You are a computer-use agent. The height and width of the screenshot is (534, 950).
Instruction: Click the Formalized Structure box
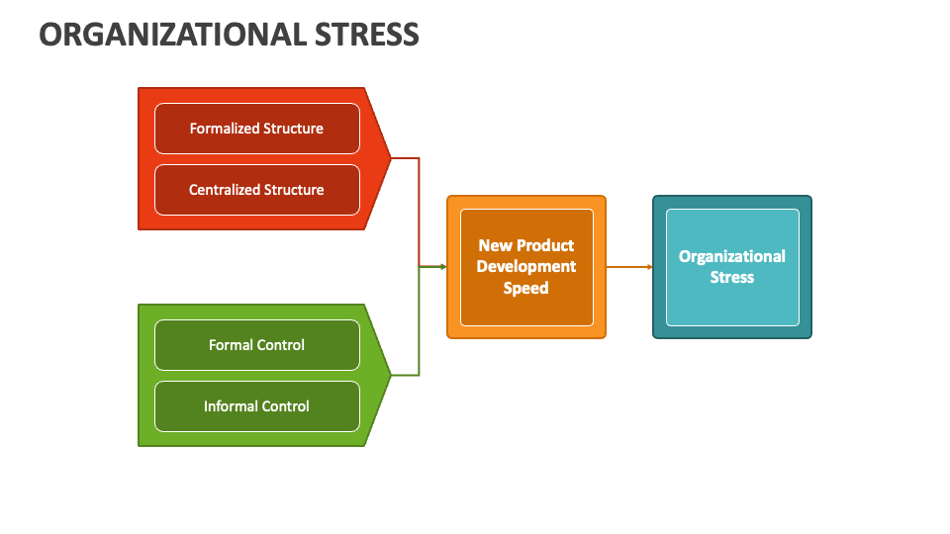coord(256,129)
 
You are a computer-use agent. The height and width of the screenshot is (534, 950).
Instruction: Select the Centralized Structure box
coord(256,190)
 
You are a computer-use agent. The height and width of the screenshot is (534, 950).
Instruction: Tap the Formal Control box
coord(256,345)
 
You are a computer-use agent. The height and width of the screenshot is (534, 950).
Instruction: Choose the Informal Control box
coord(256,406)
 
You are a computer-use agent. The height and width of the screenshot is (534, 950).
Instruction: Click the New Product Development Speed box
coord(525,267)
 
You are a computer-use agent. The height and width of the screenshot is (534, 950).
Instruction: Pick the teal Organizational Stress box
coord(731,267)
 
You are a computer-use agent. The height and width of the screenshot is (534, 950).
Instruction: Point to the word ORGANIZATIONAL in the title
coord(173,35)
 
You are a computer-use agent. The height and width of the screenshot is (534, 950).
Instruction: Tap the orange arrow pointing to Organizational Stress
coord(628,267)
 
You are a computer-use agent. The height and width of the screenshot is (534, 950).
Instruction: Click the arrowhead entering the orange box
coord(442,267)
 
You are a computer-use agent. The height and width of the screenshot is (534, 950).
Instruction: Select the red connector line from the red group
coord(419,208)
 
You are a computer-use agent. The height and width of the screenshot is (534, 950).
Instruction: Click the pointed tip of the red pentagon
coord(390,158)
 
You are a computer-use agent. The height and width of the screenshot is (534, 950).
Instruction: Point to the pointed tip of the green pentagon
coord(390,375)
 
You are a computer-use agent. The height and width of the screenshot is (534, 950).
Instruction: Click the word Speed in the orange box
coord(525,288)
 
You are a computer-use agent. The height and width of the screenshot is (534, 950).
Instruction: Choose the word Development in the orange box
coord(525,267)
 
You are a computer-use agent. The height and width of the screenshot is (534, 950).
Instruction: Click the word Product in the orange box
coord(545,245)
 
